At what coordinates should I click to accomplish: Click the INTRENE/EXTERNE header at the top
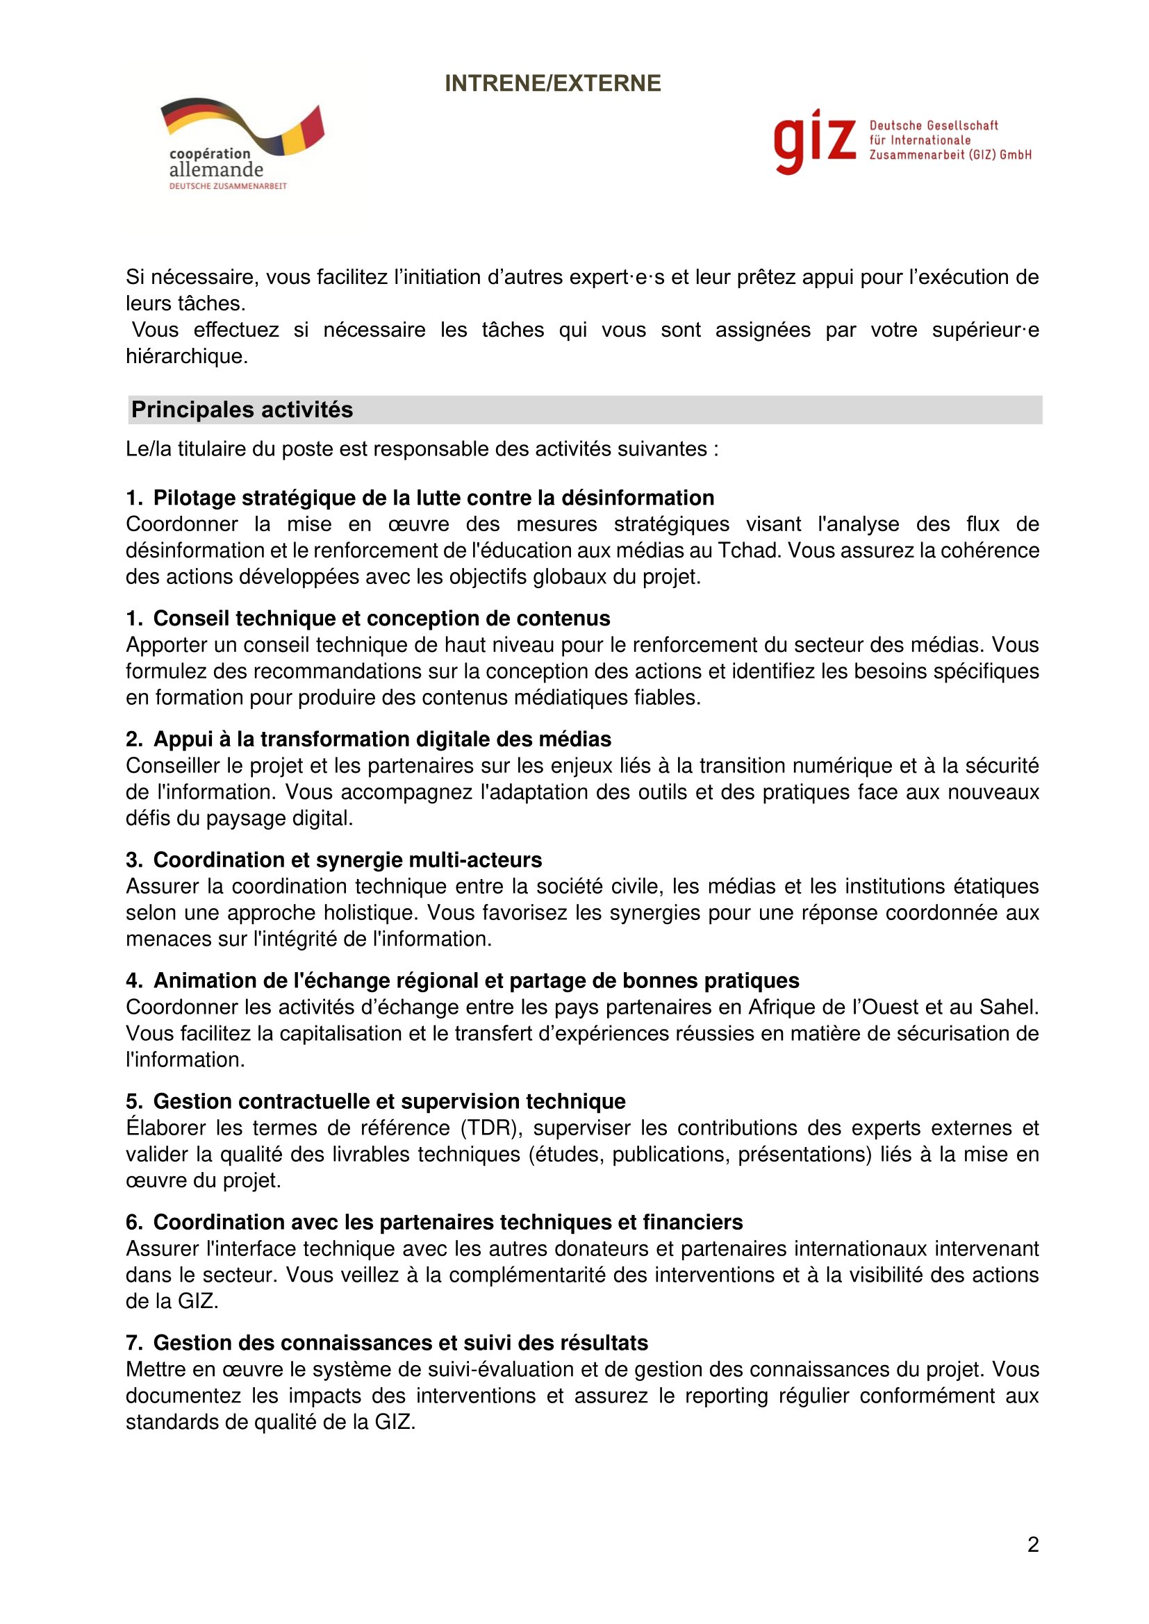pyautogui.click(x=552, y=83)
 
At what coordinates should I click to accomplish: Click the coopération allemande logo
pyautogui.click(x=240, y=144)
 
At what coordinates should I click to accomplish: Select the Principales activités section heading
pyautogui.click(x=242, y=410)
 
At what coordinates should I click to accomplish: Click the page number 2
pyautogui.click(x=1033, y=1544)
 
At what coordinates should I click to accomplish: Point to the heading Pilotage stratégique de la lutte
pyautogui.click(x=433, y=498)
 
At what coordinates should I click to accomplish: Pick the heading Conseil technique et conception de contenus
pyautogui.click(x=381, y=618)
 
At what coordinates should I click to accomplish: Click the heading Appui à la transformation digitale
pyautogui.click(x=382, y=739)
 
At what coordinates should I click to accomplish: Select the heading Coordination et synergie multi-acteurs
pyautogui.click(x=347, y=860)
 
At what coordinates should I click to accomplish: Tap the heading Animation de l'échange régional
pyautogui.click(x=476, y=980)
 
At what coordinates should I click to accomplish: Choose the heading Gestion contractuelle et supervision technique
pyautogui.click(x=389, y=1101)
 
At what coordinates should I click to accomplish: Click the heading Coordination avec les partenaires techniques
pyautogui.click(x=448, y=1222)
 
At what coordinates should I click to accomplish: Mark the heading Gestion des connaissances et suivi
pyautogui.click(x=400, y=1343)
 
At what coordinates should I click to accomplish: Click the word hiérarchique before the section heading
pyautogui.click(x=186, y=355)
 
